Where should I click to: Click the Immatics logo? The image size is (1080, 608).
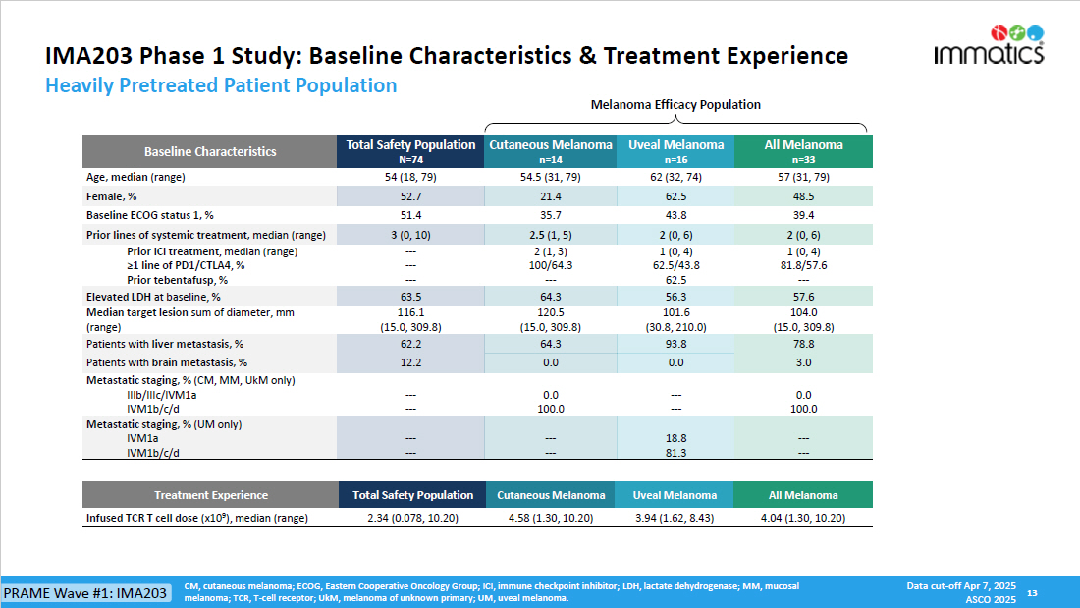[989, 45]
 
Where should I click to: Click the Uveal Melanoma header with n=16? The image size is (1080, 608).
[676, 150]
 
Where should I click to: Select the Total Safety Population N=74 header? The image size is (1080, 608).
[410, 150]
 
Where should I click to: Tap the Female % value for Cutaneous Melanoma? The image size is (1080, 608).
[550, 197]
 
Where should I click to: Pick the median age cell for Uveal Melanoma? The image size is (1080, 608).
[676, 177]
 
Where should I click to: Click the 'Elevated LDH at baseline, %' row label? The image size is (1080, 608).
[153, 296]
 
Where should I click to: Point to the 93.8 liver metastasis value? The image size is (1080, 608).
[676, 344]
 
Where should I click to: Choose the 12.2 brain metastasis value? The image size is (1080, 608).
[410, 362]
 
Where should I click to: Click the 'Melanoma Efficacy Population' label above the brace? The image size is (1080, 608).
[675, 105]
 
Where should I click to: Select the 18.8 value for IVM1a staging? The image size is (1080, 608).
[676, 438]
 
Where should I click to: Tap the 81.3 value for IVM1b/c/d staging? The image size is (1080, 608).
[676, 453]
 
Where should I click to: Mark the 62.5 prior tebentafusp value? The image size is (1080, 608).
[676, 279]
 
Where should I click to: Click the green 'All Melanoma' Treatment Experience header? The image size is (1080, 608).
[803, 495]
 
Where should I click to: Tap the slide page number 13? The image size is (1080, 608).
[1031, 593]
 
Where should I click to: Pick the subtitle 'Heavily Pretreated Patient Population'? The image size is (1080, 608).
[221, 85]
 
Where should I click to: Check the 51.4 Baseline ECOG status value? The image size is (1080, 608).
[410, 215]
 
